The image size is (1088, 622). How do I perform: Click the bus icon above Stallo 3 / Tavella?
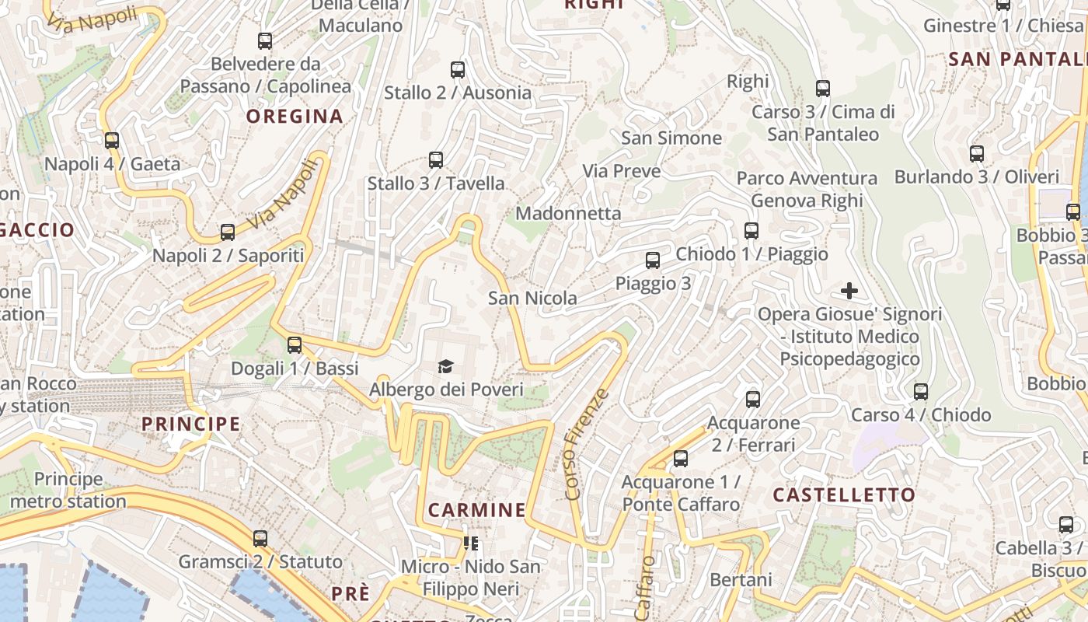436,160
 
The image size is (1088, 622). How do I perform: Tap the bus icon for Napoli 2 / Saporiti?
228,232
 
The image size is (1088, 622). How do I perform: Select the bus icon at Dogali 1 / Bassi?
295,344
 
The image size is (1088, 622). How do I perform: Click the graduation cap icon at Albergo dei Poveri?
445,366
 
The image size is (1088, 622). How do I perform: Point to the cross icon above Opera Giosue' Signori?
849,292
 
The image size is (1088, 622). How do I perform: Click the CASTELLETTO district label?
844,495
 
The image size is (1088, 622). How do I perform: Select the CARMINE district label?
477,510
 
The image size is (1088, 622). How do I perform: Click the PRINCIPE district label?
190,424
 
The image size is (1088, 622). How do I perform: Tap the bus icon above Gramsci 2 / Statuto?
260,538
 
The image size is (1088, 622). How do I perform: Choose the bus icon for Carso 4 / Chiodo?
921,392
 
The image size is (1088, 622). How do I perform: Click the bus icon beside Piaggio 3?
653,260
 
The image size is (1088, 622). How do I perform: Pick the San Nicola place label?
532,298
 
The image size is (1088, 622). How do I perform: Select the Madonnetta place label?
568,213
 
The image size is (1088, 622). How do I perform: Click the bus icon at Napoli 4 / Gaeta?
112,141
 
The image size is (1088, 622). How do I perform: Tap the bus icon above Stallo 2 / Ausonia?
458,70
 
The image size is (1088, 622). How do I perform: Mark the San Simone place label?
671,138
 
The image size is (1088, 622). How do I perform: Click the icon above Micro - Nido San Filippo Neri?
470,543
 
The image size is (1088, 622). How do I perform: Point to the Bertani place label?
741,580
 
